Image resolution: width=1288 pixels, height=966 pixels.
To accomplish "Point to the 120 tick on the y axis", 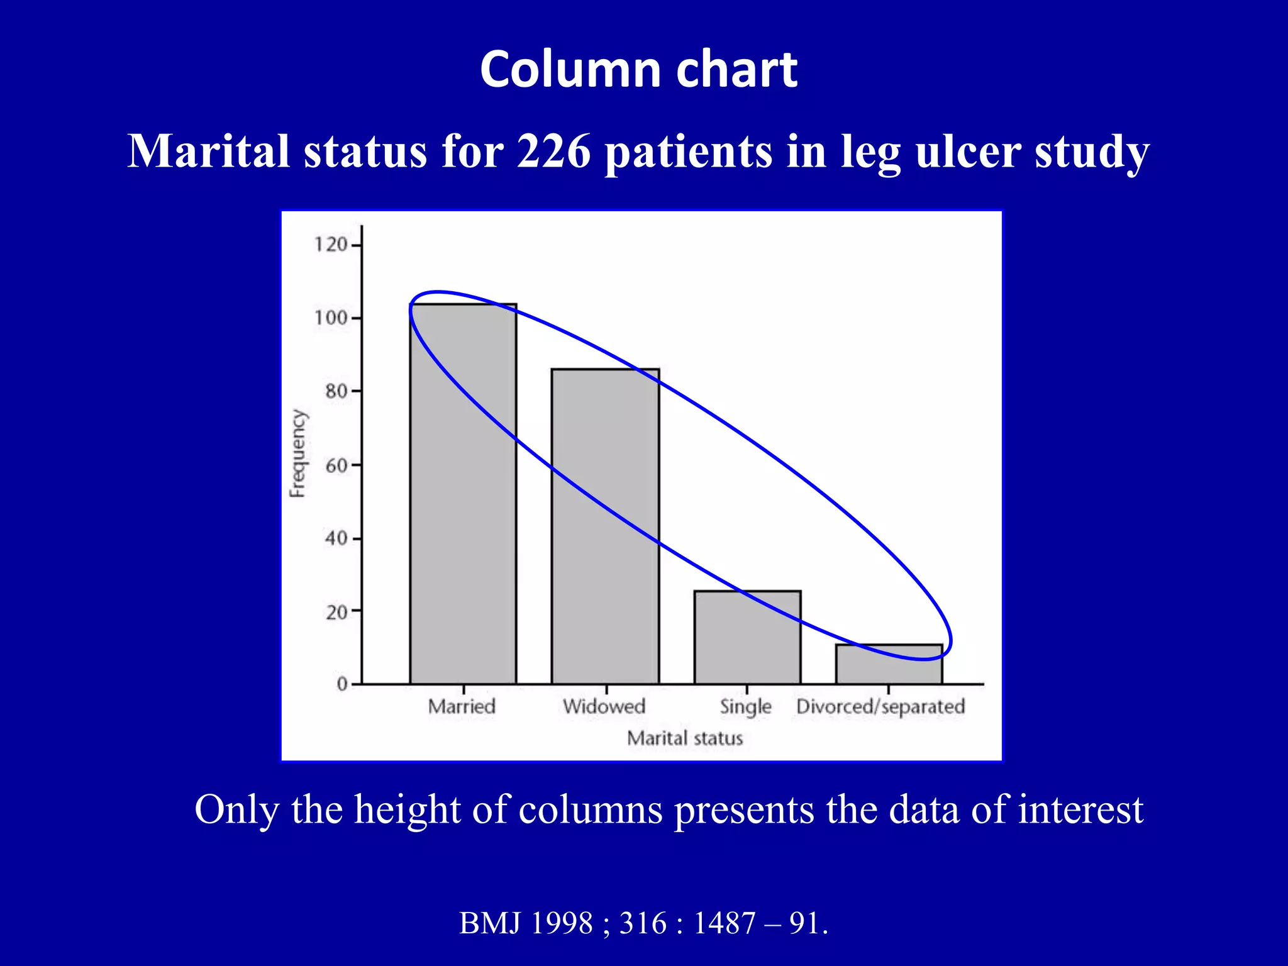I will pos(331,245).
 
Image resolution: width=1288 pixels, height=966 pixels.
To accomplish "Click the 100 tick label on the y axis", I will pos(331,318).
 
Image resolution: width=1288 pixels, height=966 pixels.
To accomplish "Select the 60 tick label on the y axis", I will pos(336,465).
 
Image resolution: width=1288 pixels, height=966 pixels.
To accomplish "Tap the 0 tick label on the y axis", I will pos(342,684).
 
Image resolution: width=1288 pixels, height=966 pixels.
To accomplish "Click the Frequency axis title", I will pos(298,453).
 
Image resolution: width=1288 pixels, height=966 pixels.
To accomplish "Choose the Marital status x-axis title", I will pos(685,738).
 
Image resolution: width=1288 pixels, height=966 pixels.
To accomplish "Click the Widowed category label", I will pos(604,706).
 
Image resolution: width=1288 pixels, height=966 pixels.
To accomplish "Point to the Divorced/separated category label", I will pos(880,707).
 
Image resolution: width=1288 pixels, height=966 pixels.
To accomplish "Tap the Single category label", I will pos(745,707).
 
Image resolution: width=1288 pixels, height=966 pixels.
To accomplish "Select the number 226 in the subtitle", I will pos(553,152).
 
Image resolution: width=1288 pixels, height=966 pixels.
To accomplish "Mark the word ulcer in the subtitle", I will pos(968,152).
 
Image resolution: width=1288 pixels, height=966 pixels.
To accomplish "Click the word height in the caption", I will pos(408,809).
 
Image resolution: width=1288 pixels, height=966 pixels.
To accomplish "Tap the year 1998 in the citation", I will pos(562,923).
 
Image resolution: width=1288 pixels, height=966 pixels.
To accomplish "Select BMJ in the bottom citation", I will pos(491,923).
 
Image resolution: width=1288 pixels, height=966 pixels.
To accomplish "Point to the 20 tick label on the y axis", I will pos(336,612).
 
